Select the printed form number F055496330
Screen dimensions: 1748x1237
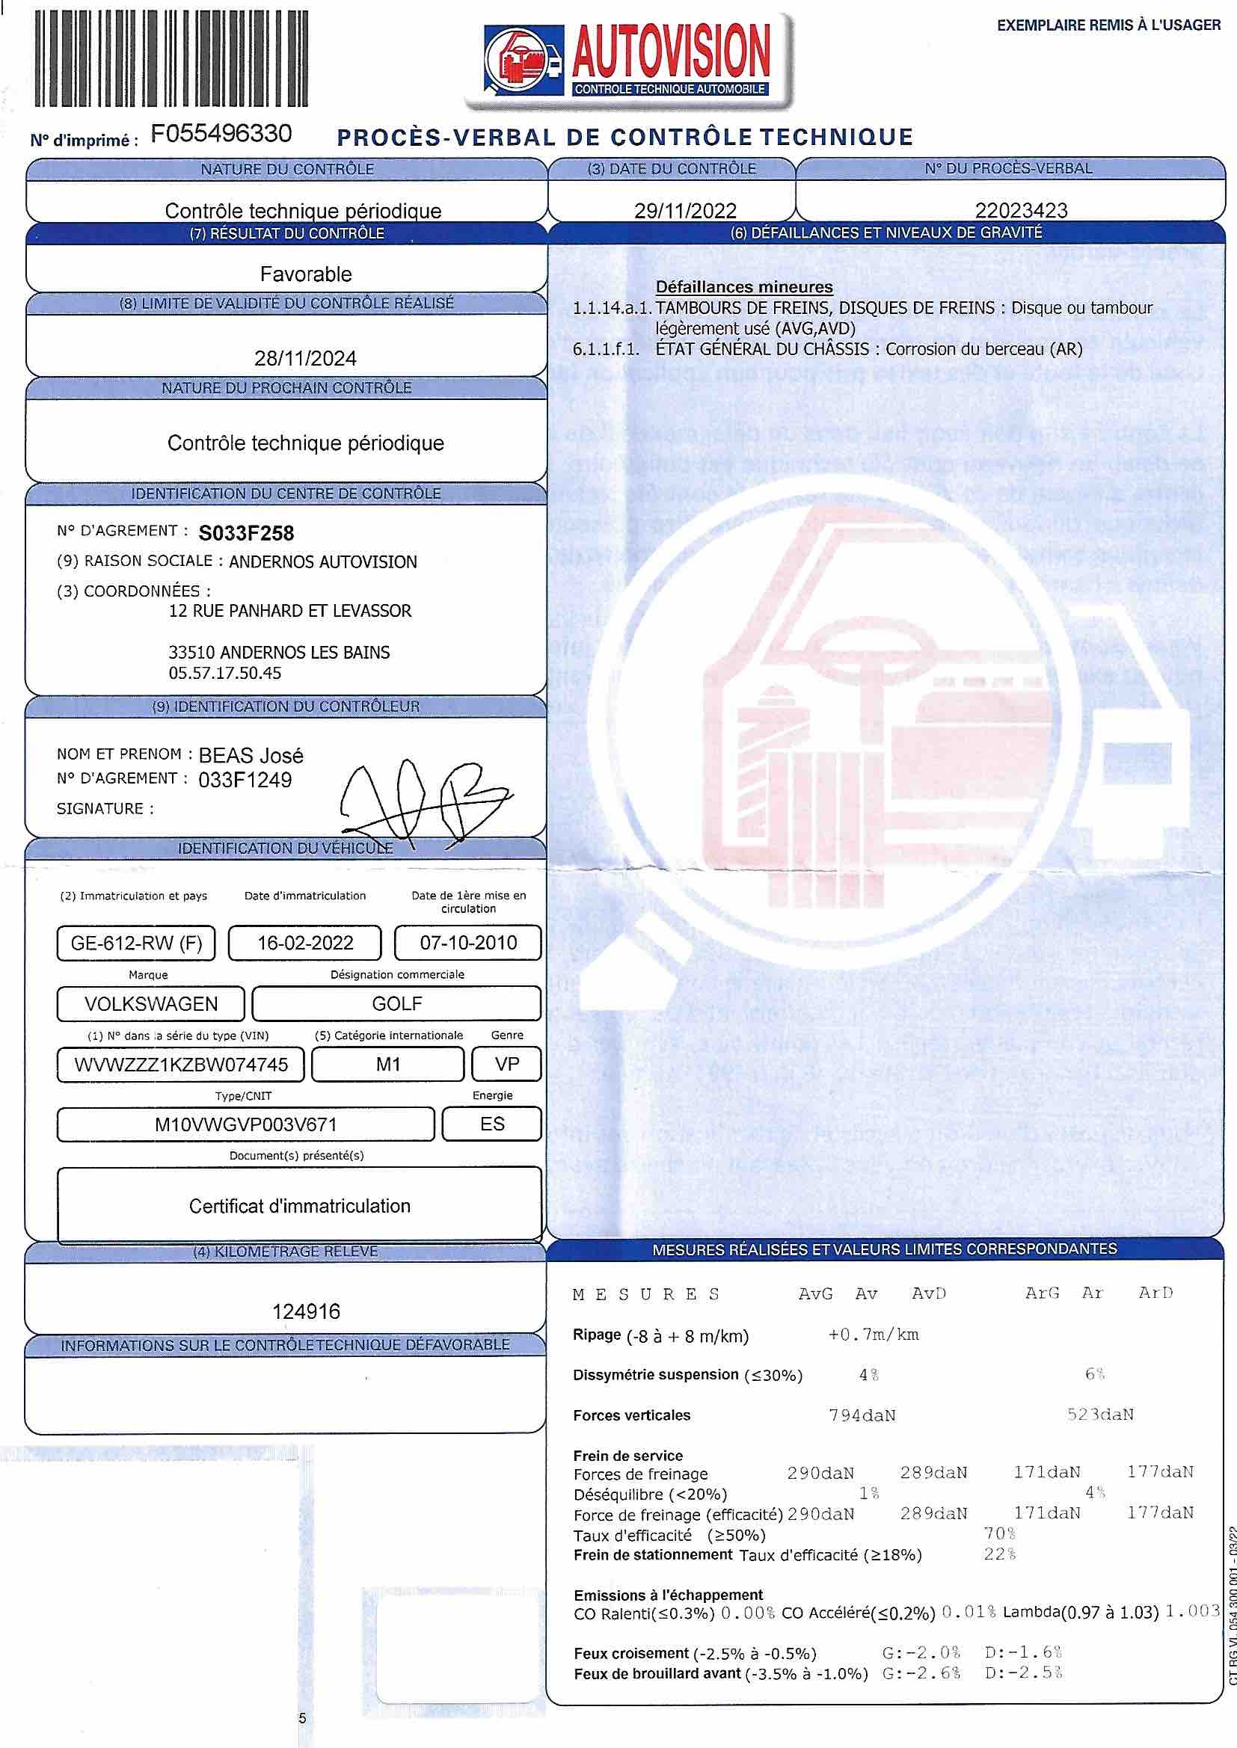[x=221, y=134]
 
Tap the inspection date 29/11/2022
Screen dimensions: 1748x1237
[x=685, y=210]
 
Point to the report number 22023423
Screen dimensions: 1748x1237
[x=1021, y=210]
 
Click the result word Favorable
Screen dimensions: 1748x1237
[x=305, y=274]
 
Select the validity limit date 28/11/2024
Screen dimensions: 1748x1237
[x=304, y=359]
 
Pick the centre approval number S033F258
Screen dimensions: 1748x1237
[x=246, y=533]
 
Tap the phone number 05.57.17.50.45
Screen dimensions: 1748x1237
[x=224, y=673]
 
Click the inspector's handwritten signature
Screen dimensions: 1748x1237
[x=423, y=799]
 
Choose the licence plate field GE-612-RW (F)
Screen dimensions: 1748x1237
[x=136, y=944]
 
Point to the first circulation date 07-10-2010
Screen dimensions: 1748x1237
[x=467, y=944]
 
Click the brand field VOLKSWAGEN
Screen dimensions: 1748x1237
[x=151, y=1004]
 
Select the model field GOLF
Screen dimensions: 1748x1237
[x=396, y=1004]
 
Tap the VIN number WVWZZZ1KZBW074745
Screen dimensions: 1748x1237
[x=180, y=1065]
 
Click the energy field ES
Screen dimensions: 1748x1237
[x=492, y=1124]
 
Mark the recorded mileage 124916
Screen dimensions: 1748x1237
[x=306, y=1311]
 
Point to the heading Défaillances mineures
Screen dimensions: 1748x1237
[x=743, y=287]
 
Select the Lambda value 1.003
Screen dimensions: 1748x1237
[x=1192, y=1612]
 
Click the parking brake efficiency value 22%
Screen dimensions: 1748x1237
[x=999, y=1554]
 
